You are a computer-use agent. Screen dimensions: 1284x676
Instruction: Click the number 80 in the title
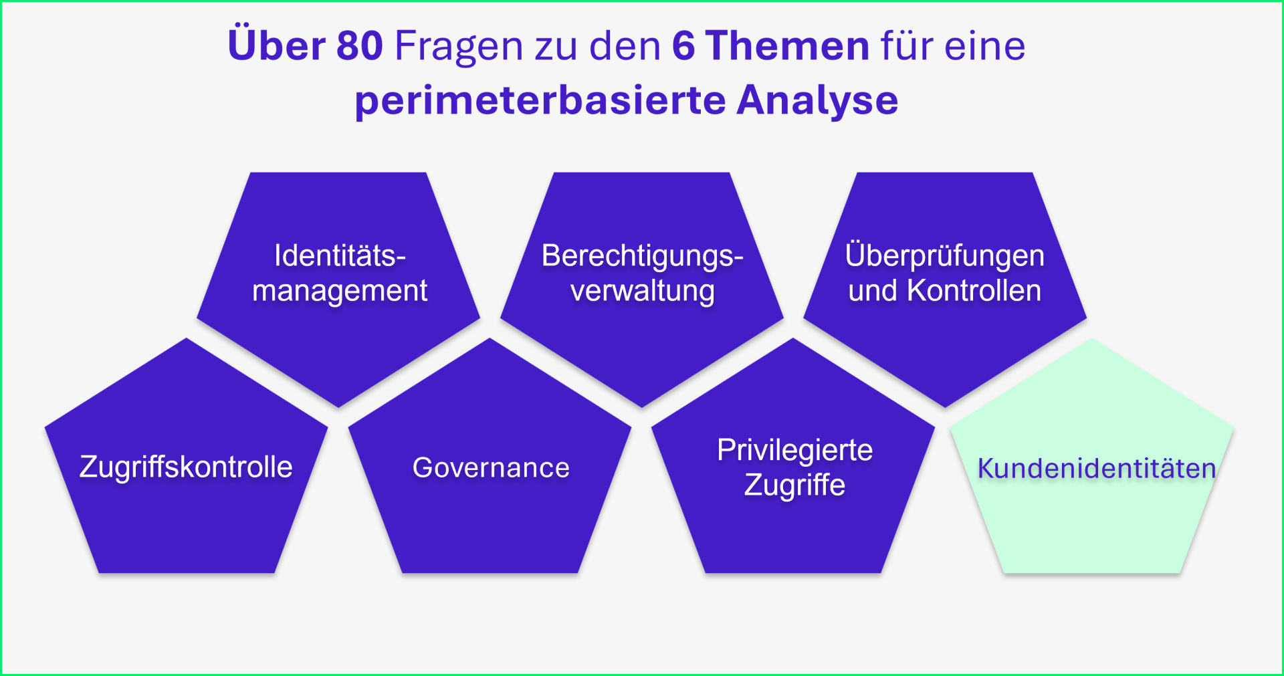tap(359, 46)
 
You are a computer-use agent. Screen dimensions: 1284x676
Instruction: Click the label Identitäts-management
tap(340, 273)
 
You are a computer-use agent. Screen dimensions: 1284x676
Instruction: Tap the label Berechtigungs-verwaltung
tap(642, 273)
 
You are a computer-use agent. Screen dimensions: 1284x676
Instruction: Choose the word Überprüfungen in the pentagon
tap(944, 255)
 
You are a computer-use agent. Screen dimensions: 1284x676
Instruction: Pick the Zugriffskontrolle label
tap(186, 467)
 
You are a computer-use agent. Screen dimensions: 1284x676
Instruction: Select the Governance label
tap(491, 467)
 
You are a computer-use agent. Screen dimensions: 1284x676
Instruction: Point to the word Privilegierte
tap(794, 451)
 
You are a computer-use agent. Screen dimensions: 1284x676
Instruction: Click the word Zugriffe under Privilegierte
tap(794, 485)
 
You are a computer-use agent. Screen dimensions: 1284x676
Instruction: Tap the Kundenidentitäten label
tap(1097, 468)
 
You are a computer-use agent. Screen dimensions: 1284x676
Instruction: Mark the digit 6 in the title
tap(683, 46)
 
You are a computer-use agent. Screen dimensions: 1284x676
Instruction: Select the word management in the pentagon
tap(340, 292)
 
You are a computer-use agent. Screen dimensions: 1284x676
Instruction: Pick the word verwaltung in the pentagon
tap(643, 292)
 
